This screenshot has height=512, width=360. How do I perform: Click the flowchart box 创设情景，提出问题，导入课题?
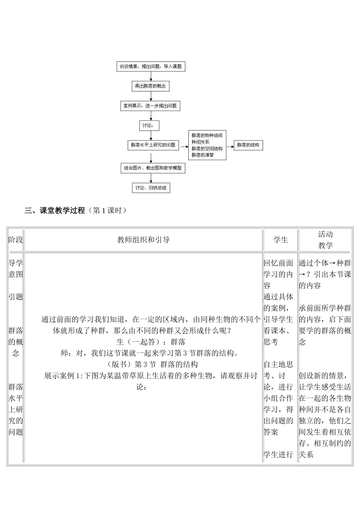tap(150, 66)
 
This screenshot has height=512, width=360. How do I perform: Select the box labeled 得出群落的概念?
tap(150, 86)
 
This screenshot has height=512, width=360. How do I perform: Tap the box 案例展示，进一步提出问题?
tap(150, 106)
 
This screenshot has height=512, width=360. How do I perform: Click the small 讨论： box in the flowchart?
tap(149, 126)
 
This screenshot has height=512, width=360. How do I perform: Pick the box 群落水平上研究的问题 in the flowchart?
tap(153, 145)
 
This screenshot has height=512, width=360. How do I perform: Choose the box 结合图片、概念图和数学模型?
tap(153, 168)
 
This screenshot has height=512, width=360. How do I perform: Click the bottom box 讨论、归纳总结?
tap(151, 188)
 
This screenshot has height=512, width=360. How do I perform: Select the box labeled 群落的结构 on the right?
tap(248, 145)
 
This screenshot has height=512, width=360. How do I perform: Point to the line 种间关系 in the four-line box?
tap(200, 142)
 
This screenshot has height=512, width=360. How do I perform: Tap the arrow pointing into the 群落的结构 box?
tap(230, 145)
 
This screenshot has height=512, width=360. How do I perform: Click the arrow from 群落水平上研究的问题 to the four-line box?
tap(183, 145)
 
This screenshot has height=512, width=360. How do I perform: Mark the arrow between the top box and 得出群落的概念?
tap(151, 76)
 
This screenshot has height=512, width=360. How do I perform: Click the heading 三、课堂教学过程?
tap(55, 210)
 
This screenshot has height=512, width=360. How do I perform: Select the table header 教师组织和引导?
tap(143, 240)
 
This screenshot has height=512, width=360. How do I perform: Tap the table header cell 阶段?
tap(16, 240)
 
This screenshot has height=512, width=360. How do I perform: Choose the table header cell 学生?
tap(281, 240)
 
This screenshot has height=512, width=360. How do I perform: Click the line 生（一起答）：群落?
tap(151, 342)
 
